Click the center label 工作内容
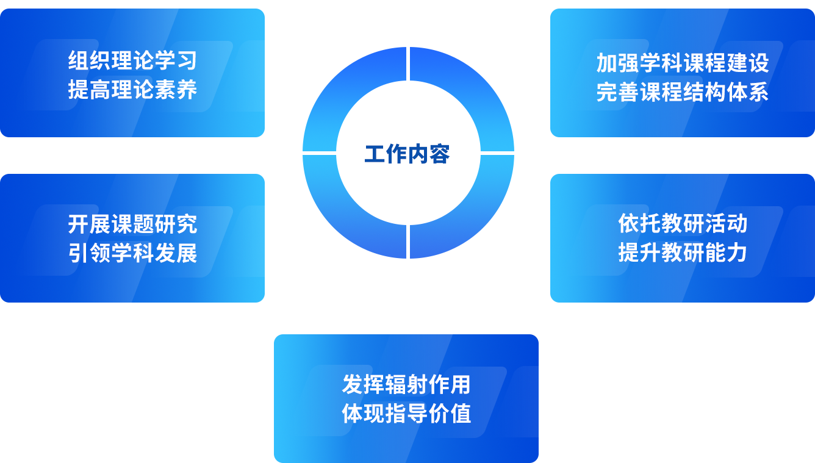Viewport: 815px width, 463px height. (407, 154)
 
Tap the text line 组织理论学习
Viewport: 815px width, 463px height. (132, 61)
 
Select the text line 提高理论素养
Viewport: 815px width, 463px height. (132, 90)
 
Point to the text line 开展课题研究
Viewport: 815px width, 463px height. (132, 224)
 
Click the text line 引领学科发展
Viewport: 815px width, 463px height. (132, 253)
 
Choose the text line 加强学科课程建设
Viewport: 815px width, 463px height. (682, 63)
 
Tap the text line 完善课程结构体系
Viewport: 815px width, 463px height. (682, 92)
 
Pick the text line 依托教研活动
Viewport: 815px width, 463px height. (682, 223)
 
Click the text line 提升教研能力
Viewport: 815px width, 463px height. (682, 252)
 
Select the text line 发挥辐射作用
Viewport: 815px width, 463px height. (406, 385)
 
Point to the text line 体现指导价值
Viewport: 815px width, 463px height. (406, 414)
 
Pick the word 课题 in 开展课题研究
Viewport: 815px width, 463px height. (132, 224)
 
